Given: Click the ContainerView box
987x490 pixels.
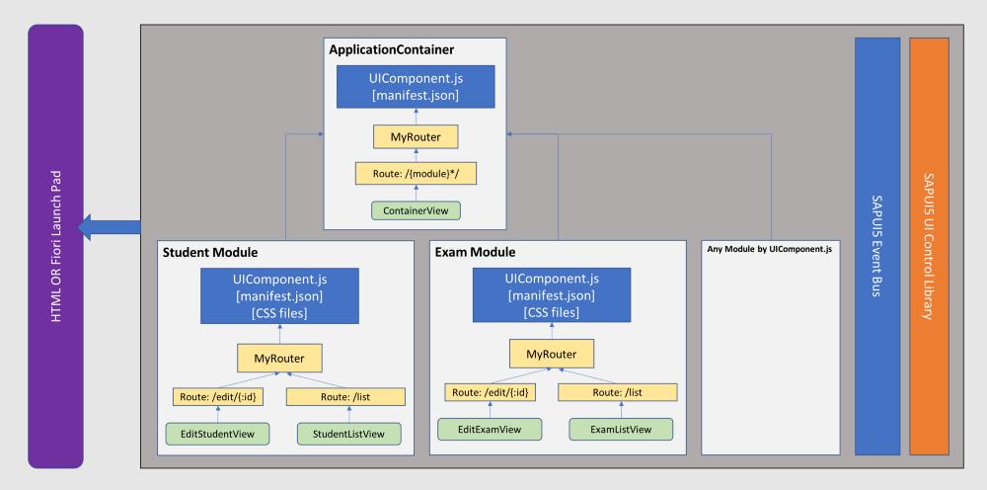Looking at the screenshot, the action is [x=416, y=210].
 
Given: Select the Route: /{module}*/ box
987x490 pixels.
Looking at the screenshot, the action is [x=416, y=173].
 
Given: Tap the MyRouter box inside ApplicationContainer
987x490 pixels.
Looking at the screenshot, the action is [x=416, y=136].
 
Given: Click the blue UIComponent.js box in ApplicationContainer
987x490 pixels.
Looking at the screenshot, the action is [x=416, y=87].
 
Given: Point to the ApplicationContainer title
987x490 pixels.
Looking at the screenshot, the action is [x=392, y=49].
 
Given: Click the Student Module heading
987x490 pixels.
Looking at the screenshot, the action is [x=210, y=253].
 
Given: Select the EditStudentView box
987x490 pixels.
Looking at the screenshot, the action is [x=218, y=434].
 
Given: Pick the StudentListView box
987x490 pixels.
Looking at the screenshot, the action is [x=348, y=434].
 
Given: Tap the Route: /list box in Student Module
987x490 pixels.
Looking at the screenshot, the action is [x=345, y=397].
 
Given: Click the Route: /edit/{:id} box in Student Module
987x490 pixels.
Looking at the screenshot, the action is [x=218, y=397].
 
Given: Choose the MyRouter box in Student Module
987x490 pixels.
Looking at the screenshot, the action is [x=279, y=359].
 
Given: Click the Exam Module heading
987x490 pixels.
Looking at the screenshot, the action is [x=476, y=253].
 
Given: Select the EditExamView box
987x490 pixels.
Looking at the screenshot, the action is [x=490, y=430].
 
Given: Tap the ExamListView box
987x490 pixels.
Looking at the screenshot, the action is [x=621, y=430].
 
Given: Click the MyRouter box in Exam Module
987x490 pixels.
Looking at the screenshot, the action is [x=552, y=354].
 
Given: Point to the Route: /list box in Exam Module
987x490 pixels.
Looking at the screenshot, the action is [x=618, y=392].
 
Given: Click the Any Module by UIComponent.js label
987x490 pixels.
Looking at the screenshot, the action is [x=769, y=249].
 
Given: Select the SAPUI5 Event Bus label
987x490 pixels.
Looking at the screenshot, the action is [x=876, y=246].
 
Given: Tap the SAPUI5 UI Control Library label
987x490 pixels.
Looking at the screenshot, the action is [x=929, y=246].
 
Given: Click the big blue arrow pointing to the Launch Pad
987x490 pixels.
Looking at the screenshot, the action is [x=109, y=227].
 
